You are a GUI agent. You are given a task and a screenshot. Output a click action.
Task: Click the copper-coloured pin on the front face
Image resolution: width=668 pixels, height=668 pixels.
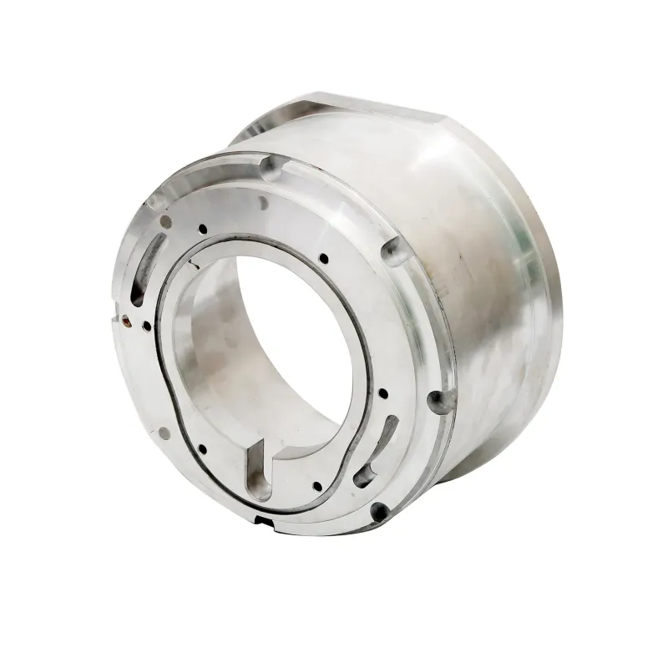[x=124, y=317]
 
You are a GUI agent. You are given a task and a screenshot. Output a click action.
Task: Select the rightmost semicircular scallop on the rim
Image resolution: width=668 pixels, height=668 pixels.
[x=392, y=248]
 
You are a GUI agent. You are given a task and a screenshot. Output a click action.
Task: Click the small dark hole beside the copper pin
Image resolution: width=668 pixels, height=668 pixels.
[x=147, y=326]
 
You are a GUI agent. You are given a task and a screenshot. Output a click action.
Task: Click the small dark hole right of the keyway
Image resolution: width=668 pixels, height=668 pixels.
[x=316, y=486]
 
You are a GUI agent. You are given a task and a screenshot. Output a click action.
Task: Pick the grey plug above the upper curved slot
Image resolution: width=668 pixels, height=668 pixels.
[x=165, y=221]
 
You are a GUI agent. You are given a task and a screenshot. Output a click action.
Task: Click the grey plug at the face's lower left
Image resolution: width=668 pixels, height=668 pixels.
[x=164, y=433]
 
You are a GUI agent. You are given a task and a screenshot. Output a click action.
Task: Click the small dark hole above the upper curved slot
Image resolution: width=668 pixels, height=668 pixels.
[x=203, y=227]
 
